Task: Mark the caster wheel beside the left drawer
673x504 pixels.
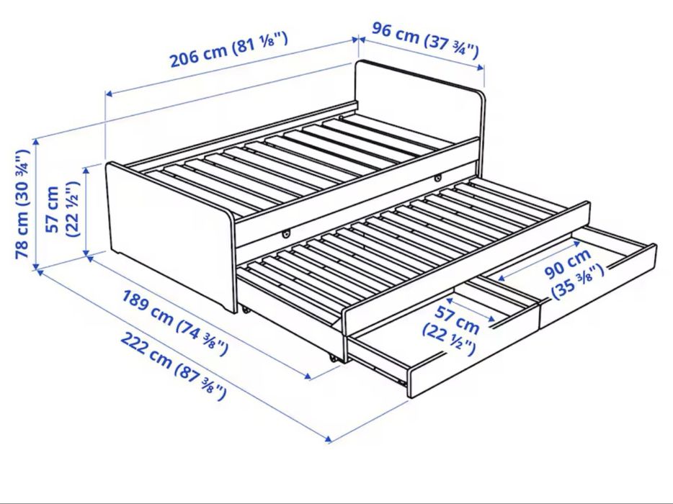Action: pyautogui.click(x=331, y=356)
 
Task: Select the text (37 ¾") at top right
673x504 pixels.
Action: pyautogui.click(x=453, y=45)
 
